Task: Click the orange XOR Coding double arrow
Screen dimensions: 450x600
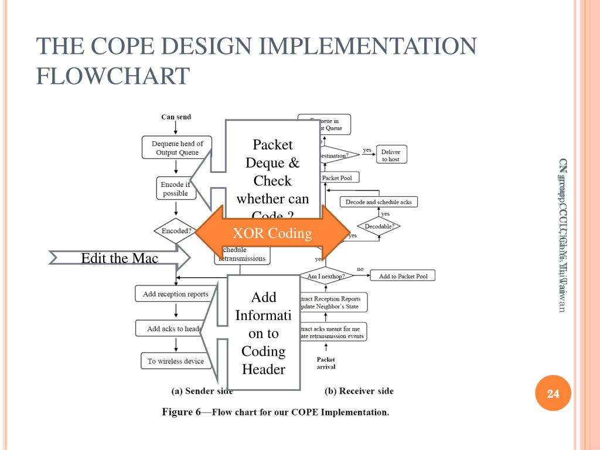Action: [272, 233]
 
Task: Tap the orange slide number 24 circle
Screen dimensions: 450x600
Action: [553, 394]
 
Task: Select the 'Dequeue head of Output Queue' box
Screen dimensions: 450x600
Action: [177, 148]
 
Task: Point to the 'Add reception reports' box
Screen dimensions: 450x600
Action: [175, 294]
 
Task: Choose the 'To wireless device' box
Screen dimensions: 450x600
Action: [175, 361]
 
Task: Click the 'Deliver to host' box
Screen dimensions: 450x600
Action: [390, 155]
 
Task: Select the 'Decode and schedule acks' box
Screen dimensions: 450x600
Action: [379, 202]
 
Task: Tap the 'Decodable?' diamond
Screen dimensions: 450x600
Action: [379, 226]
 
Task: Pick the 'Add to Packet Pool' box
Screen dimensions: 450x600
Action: [403, 276]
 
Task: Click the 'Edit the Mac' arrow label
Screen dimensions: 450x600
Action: [120, 258]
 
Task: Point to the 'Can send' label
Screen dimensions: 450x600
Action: [176, 117]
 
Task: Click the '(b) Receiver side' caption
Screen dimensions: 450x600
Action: [359, 391]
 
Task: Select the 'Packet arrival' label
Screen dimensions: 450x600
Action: [326, 363]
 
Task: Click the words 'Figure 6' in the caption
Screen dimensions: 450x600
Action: [180, 412]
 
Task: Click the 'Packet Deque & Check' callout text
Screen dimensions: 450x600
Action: [273, 171]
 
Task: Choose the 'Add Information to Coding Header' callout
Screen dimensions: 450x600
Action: [264, 333]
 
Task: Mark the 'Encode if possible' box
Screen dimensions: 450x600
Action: [175, 189]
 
